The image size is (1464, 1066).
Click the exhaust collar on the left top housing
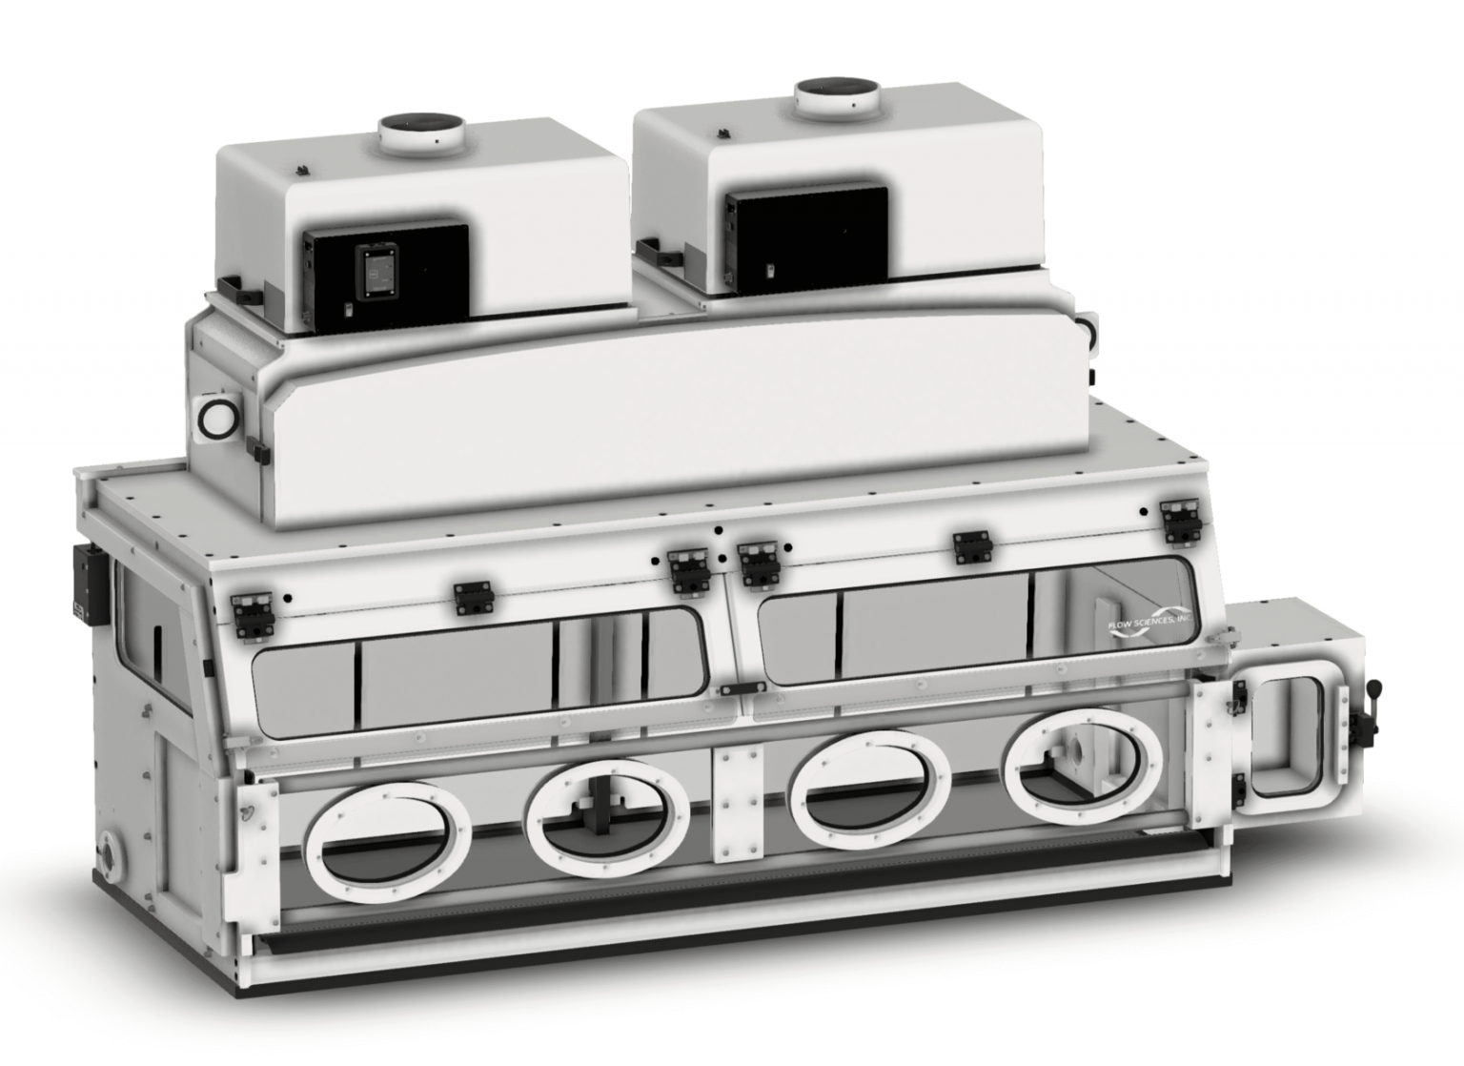420,133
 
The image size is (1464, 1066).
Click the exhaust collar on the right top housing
837,95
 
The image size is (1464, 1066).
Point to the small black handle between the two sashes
742,688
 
